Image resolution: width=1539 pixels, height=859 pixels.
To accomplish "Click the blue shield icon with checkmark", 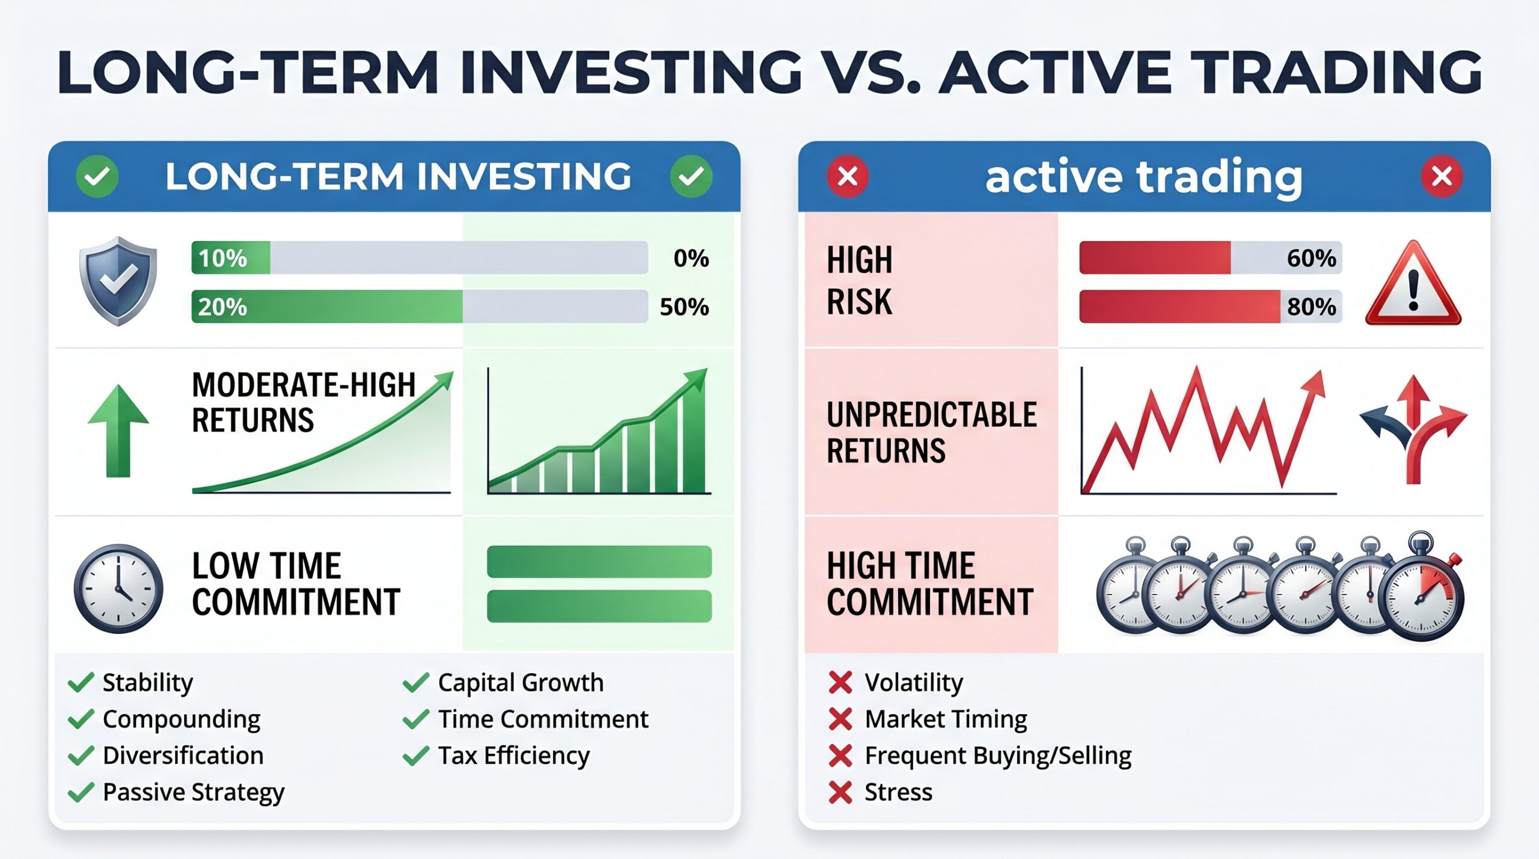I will click(118, 281).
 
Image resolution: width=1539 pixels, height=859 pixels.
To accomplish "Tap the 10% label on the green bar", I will click(222, 258).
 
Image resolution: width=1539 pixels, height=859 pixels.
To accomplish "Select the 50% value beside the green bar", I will click(684, 307).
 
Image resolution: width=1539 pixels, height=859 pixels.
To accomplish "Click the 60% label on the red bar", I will click(1311, 258).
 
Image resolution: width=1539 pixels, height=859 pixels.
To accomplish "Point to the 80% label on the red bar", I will click(1311, 307).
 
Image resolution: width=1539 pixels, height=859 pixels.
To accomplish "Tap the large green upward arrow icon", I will click(118, 430).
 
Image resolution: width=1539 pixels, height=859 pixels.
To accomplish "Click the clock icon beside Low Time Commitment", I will click(118, 588).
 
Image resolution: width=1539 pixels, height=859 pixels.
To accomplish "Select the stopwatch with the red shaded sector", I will click(1421, 587).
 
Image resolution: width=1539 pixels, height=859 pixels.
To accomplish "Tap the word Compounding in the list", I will click(182, 719).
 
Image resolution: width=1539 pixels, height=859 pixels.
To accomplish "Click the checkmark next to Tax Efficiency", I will click(416, 756).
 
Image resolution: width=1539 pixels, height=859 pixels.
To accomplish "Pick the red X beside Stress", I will click(840, 792).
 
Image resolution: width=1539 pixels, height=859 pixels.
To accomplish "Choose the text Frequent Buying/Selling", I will click(998, 756).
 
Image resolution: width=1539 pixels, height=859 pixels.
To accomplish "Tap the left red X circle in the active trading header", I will click(848, 177).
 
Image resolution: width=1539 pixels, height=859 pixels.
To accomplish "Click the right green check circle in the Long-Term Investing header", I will click(691, 177).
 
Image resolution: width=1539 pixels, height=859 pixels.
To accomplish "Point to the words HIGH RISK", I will click(859, 281).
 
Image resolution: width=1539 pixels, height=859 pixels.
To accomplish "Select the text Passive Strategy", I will click(194, 792).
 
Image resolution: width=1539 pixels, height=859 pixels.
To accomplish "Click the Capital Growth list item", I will click(521, 683).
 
